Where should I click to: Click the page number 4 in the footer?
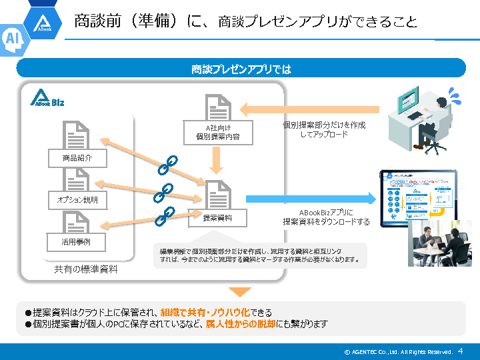click(x=460, y=351)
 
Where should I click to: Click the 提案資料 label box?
click(x=217, y=217)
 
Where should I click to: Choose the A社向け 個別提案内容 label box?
click(x=218, y=131)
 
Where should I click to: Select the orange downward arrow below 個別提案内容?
click(x=217, y=159)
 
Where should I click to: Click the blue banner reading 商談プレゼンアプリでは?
click(x=241, y=69)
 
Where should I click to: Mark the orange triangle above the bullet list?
click(x=240, y=291)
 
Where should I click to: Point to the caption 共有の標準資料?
click(x=86, y=269)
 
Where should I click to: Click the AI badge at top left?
click(x=13, y=39)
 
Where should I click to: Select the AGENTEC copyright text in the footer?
click(x=398, y=351)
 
